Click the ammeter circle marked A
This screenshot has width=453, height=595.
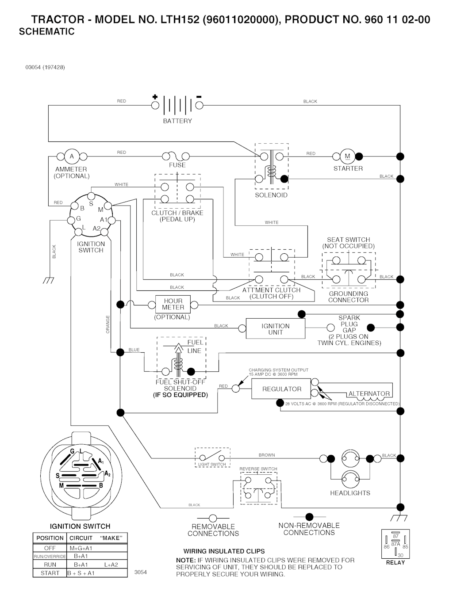(x=72, y=156)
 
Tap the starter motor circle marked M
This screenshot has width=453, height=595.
(x=347, y=156)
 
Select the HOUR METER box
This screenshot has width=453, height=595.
(x=173, y=304)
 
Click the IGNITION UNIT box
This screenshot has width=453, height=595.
(x=275, y=329)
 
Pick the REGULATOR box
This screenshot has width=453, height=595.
(x=282, y=389)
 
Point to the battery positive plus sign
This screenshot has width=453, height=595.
(x=155, y=97)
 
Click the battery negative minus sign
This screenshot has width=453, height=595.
(x=199, y=97)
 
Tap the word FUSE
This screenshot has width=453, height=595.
(x=177, y=165)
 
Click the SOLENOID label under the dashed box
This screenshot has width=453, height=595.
(x=271, y=195)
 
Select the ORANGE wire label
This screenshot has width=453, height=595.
(x=108, y=324)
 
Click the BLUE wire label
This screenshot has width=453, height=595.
(x=134, y=350)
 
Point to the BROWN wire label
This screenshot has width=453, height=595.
(x=267, y=455)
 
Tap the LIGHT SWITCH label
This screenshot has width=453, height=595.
(x=212, y=465)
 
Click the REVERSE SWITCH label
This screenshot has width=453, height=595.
(x=258, y=469)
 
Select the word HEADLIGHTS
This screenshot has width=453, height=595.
(x=350, y=493)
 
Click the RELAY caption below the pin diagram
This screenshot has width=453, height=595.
(x=395, y=563)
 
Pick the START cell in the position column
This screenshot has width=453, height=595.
(x=50, y=573)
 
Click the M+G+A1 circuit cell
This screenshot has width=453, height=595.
(x=81, y=548)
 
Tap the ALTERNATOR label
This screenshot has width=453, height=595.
(x=369, y=393)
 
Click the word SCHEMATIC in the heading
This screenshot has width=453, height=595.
(x=47, y=32)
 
